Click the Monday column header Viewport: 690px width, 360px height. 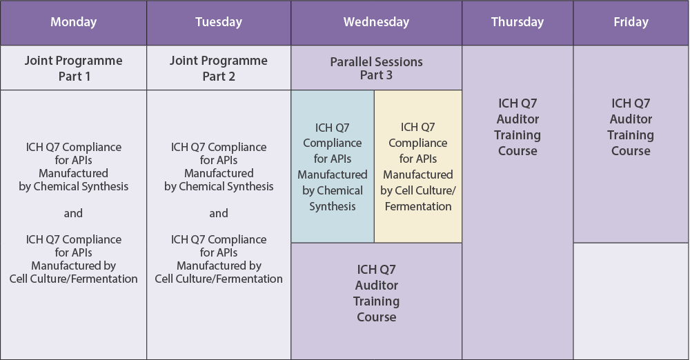74,23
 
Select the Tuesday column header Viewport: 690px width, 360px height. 219,23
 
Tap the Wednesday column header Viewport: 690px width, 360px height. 376,23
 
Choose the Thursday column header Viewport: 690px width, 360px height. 517,23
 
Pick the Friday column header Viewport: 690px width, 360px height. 631,23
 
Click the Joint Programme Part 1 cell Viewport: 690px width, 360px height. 74,68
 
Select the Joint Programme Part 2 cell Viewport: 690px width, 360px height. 219,68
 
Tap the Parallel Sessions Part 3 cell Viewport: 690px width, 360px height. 376,68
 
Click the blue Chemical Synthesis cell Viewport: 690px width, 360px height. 333,166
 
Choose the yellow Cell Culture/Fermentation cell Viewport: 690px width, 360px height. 418,166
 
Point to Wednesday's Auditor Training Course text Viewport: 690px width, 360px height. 377,293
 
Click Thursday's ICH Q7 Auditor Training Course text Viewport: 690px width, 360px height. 517,127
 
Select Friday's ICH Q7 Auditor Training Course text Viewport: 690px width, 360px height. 631,127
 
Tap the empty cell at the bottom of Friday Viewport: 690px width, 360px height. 631,301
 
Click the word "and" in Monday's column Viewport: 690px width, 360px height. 73,213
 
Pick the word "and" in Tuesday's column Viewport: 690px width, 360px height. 219,213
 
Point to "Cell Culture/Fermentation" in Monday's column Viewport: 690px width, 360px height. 74,279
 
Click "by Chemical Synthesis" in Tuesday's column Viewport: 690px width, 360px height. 219,187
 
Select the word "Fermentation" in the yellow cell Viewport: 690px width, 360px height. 418,206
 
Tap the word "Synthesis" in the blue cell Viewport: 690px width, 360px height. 333,206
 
